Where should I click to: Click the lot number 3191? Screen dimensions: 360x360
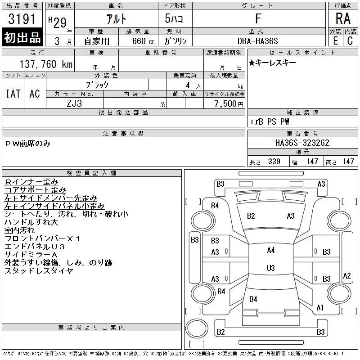tap(22, 19)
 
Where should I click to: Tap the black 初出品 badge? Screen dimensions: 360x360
tap(22, 37)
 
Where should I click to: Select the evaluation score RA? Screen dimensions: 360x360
tap(343, 18)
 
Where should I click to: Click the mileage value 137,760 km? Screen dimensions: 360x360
tap(46, 64)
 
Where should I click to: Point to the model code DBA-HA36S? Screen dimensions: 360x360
tap(257, 41)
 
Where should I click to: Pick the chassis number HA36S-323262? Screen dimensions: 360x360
tap(302, 143)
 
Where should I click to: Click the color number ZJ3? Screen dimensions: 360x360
tap(74, 103)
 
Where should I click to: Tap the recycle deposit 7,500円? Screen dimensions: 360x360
tap(229, 104)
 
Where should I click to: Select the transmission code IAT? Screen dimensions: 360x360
tap(13, 94)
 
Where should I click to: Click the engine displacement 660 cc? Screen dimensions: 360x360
tap(143, 41)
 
